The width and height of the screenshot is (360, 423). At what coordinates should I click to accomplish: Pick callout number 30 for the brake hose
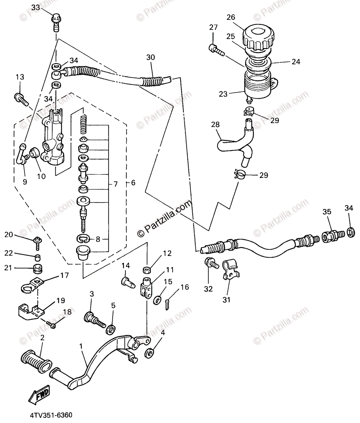tap(151, 57)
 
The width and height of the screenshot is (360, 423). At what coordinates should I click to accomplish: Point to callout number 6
tap(133, 183)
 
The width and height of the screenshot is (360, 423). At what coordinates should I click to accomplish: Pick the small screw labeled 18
tap(51, 325)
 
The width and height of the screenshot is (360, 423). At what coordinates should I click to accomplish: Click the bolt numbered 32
tap(210, 264)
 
